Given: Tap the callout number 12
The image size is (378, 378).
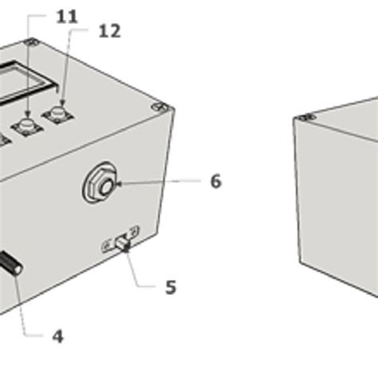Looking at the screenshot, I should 109,31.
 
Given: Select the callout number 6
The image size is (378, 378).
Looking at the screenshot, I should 215,182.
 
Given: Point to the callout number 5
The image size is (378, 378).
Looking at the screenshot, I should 171,287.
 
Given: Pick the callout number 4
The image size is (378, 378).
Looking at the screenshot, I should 57,337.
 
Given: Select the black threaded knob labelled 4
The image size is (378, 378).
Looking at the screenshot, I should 10,264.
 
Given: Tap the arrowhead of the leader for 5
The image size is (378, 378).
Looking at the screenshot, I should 124,249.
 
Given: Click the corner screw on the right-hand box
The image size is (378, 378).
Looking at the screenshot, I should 303,118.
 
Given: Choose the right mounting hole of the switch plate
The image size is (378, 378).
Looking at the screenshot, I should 134,232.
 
